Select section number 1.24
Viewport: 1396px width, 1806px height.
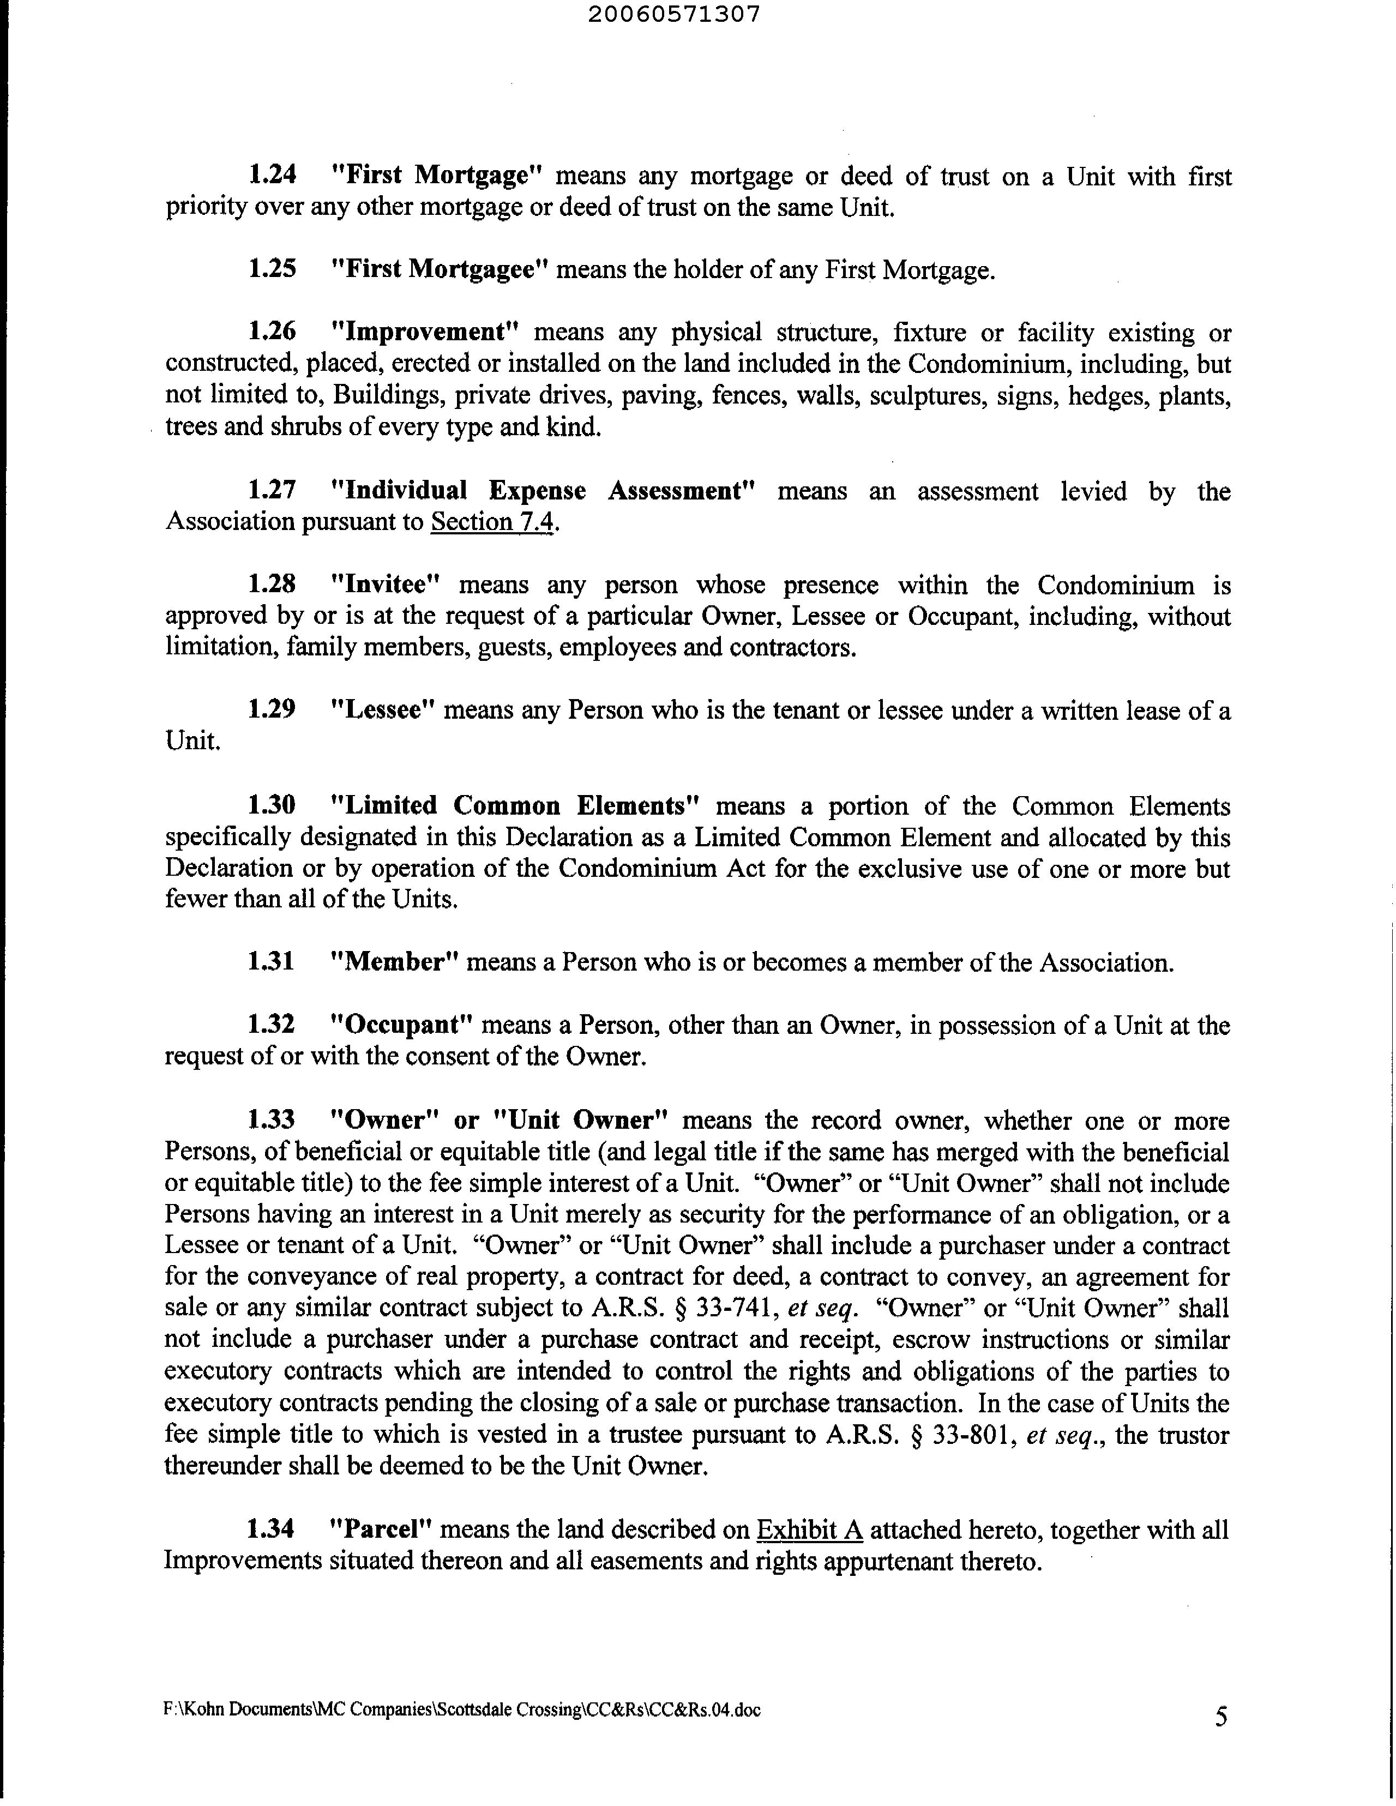coord(272,174)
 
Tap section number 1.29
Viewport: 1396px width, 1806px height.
coord(272,709)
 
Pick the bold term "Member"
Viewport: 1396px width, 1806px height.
coord(394,962)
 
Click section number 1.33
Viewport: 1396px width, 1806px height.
coord(272,1121)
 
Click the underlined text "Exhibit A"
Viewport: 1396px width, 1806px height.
coord(810,1531)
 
